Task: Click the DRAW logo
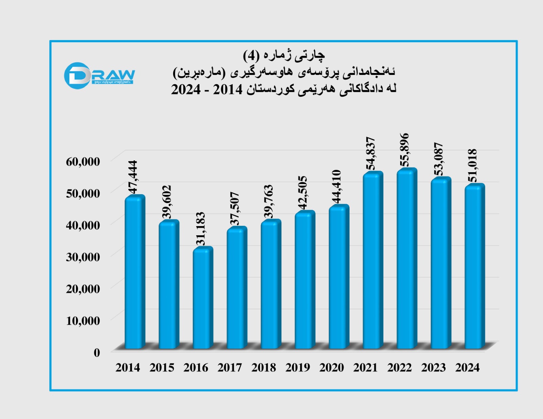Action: (99, 75)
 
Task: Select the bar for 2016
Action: (202, 298)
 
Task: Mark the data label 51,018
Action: (472, 165)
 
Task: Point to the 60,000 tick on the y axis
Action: (83, 161)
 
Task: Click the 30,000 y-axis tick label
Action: (83, 257)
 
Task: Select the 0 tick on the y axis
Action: (97, 353)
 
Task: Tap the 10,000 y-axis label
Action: (83, 320)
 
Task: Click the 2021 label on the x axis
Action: (365, 367)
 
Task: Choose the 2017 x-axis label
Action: (229, 367)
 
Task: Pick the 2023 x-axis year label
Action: (433, 367)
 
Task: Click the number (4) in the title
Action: (251, 55)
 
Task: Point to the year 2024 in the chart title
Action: (186, 90)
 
